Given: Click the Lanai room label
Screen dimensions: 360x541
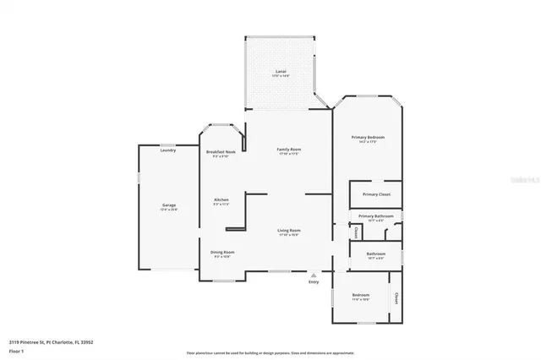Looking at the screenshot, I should coord(278,71).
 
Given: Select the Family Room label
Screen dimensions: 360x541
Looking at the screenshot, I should coord(289,150).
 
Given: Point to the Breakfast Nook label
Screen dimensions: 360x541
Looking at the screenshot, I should coord(221,152).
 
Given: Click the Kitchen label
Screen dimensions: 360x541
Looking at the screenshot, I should coord(221,200).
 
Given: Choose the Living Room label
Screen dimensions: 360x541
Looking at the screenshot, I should coord(289,230).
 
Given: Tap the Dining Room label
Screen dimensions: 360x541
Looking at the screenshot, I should coord(222,252).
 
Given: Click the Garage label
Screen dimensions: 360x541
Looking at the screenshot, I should coord(169,205).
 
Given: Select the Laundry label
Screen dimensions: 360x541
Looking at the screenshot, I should coord(168,150).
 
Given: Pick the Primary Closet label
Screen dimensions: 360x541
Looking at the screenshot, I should coord(376,194).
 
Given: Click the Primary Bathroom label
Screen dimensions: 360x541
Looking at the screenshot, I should coord(376,216).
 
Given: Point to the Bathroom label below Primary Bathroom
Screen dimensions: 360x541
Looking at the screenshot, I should coord(376,254).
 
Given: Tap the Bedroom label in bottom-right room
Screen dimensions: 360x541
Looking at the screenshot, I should coord(361,295).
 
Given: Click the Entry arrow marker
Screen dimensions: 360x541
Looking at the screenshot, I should coord(314,275).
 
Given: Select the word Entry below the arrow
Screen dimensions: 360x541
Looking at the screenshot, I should coord(314,282).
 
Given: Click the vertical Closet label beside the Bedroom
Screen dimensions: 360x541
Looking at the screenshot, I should coord(396,297).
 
